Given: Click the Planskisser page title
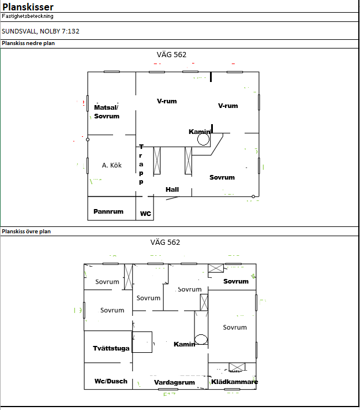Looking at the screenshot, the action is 28,7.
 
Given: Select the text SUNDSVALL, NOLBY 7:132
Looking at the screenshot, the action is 40,31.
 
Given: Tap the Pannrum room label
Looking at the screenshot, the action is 108,211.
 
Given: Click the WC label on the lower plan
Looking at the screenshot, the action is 145,214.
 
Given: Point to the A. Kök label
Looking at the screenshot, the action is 112,165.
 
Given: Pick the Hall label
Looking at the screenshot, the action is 172,189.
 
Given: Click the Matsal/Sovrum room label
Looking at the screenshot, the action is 107,111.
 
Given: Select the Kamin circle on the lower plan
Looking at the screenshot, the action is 203,139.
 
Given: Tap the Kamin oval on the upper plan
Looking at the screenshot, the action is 201,340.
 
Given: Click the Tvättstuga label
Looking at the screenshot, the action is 111,348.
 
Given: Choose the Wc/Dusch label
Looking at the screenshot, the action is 111,381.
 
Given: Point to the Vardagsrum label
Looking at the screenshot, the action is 174,382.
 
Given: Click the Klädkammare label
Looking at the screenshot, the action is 235,382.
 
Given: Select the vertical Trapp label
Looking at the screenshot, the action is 141,164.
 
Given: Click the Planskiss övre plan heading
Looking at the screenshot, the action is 26,232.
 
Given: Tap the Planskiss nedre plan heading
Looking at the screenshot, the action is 28,43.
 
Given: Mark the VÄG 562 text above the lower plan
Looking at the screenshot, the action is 172,55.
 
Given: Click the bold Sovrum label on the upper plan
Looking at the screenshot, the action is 236,281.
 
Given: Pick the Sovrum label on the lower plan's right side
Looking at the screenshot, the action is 222,177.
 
